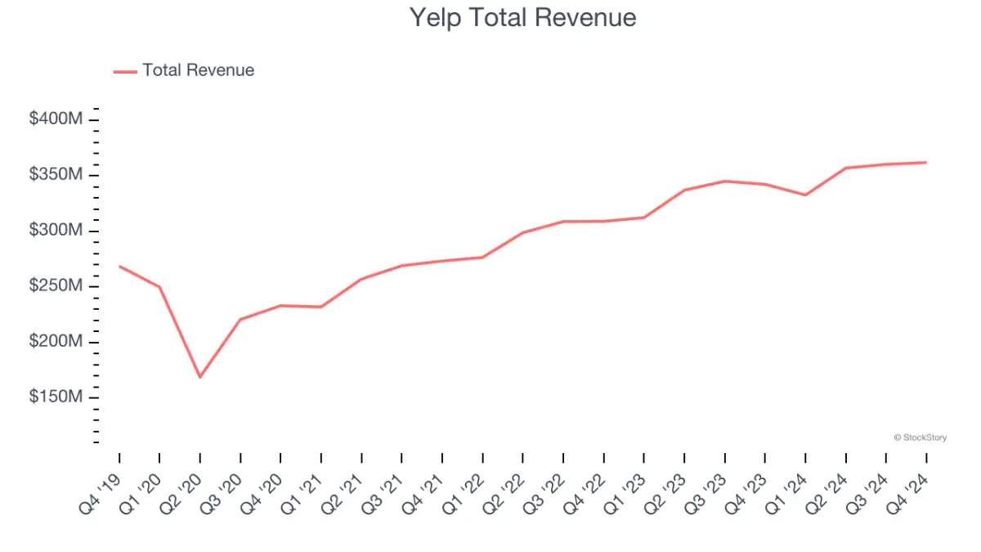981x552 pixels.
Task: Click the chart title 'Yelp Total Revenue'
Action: [x=522, y=18]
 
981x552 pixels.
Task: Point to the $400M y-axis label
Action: [x=56, y=119]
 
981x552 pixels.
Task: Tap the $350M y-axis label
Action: [x=56, y=175]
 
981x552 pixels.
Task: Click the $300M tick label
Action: [x=56, y=231]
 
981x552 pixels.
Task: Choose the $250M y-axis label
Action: [x=56, y=286]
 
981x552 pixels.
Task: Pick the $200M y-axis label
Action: [x=56, y=342]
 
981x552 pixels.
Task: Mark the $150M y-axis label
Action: [x=56, y=397]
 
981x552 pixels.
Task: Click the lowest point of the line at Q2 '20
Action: [x=199, y=377]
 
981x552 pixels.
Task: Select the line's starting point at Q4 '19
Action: [x=119, y=266]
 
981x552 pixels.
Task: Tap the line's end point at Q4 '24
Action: [x=925, y=162]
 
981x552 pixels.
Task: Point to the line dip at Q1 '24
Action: [x=805, y=195]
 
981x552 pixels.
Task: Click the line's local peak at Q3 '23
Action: [x=725, y=181]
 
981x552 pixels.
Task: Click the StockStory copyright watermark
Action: [x=920, y=438]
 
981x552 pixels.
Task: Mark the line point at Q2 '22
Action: [x=522, y=232]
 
